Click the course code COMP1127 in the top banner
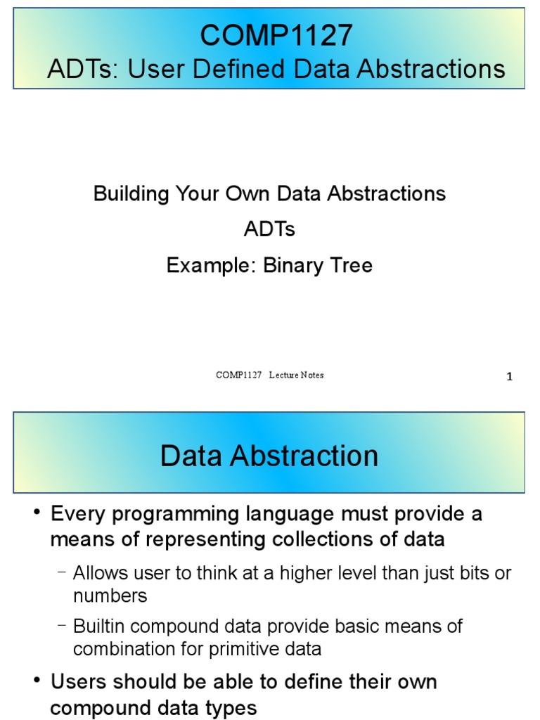click(276, 35)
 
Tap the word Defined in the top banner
click(247, 69)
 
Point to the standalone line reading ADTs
click(269, 229)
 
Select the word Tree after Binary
click(350, 265)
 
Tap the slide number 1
click(509, 377)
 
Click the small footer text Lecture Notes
click(296, 375)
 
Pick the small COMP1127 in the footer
click(238, 375)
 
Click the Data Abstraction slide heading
click(269, 456)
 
